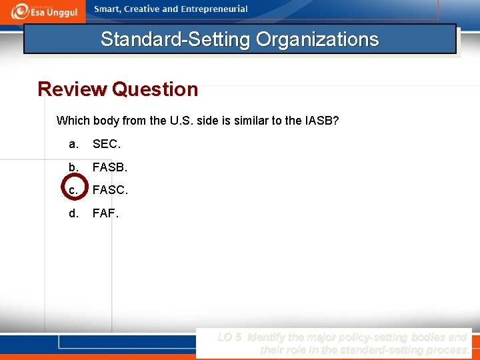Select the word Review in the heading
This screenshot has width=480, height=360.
[72, 89]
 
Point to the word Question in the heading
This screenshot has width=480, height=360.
[155, 89]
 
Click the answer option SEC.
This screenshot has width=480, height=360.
[107, 144]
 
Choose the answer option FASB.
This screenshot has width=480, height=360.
[109, 167]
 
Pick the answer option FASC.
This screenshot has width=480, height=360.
[110, 190]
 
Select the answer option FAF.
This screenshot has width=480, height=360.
[105, 213]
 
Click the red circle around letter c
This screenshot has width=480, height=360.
[73, 190]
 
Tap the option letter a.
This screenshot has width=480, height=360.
[72, 144]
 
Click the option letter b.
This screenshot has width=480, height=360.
[72, 167]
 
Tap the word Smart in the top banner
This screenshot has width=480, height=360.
[109, 9]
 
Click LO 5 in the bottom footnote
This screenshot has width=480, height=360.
[230, 337]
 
